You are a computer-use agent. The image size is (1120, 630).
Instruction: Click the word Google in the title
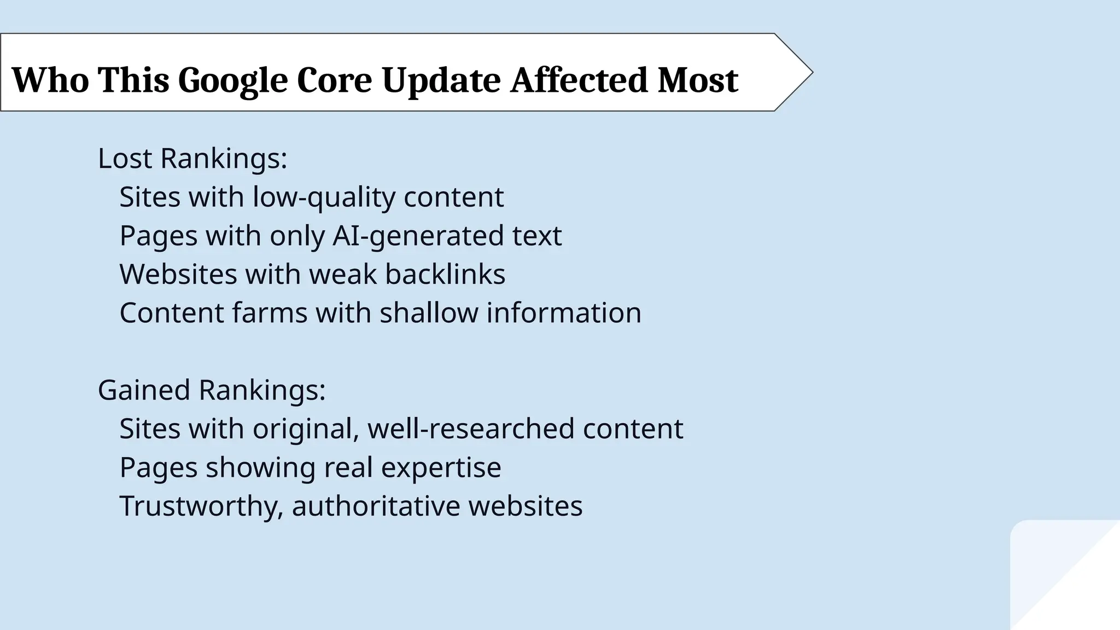pyautogui.click(x=232, y=80)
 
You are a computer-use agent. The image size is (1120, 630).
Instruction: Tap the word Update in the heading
pyautogui.click(x=441, y=80)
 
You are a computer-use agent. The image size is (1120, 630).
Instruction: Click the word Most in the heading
pyautogui.click(x=698, y=80)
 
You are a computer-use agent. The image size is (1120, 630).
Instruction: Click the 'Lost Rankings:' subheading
pyautogui.click(x=192, y=159)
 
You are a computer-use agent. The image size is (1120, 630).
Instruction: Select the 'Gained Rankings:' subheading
pyautogui.click(x=212, y=390)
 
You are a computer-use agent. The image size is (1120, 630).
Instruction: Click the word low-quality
pyautogui.click(x=324, y=197)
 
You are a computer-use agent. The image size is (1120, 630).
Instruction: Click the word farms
pyautogui.click(x=269, y=313)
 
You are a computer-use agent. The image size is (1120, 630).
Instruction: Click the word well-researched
pyautogui.click(x=471, y=429)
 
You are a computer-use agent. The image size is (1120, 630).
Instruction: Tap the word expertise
pyautogui.click(x=441, y=468)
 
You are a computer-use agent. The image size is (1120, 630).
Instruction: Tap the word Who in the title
pyautogui.click(x=50, y=80)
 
